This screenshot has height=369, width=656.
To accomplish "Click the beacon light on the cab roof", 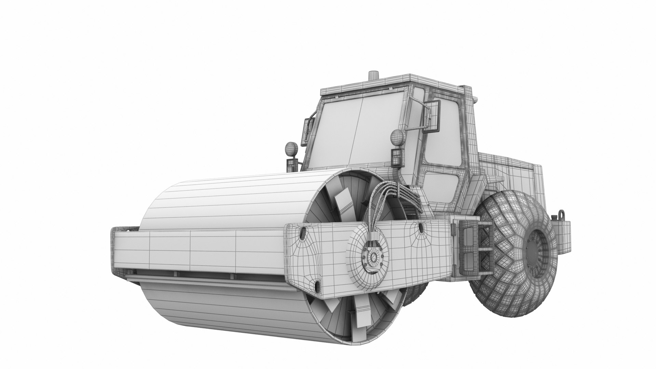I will click(x=373, y=76).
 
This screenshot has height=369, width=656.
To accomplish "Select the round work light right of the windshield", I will click(x=396, y=137).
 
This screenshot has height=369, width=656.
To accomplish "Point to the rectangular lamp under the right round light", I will click(x=396, y=156).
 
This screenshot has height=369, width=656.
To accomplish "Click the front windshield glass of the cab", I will click(x=359, y=132).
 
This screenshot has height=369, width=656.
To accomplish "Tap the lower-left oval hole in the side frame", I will click(x=318, y=285).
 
